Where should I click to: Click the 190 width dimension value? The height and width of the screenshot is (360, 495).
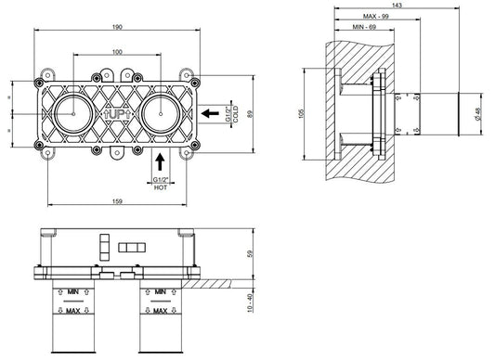117,27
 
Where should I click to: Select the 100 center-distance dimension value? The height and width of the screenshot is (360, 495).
117,52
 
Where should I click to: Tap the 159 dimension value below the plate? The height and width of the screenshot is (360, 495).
117,201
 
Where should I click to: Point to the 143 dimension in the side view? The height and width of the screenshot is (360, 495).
397,5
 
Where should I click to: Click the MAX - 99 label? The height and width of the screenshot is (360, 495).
376,17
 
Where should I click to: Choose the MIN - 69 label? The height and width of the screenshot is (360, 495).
364,27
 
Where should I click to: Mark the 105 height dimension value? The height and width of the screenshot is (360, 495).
301,114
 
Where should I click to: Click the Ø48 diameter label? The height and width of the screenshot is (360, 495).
477,114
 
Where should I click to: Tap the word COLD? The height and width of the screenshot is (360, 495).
236,114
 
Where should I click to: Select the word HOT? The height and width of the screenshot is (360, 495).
161,187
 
